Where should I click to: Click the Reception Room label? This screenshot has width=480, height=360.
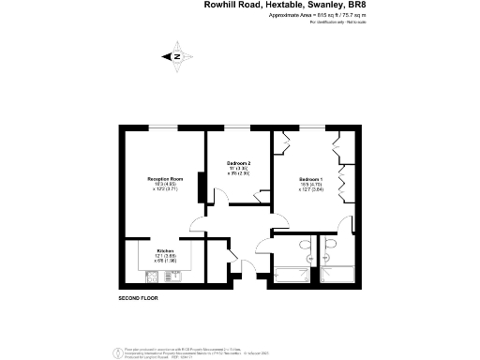pos(164,178)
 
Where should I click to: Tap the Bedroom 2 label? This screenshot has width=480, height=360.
pos(240,163)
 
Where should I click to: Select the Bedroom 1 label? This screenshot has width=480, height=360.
pos(310,179)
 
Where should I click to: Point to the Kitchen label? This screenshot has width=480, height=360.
pos(165,251)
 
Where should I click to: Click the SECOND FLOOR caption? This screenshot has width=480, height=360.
pos(138,297)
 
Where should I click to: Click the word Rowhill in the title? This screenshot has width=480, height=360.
pos(220,5)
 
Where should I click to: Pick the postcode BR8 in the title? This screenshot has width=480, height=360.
pos(344,5)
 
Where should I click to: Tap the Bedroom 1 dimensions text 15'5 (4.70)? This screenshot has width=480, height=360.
pos(310,185)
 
